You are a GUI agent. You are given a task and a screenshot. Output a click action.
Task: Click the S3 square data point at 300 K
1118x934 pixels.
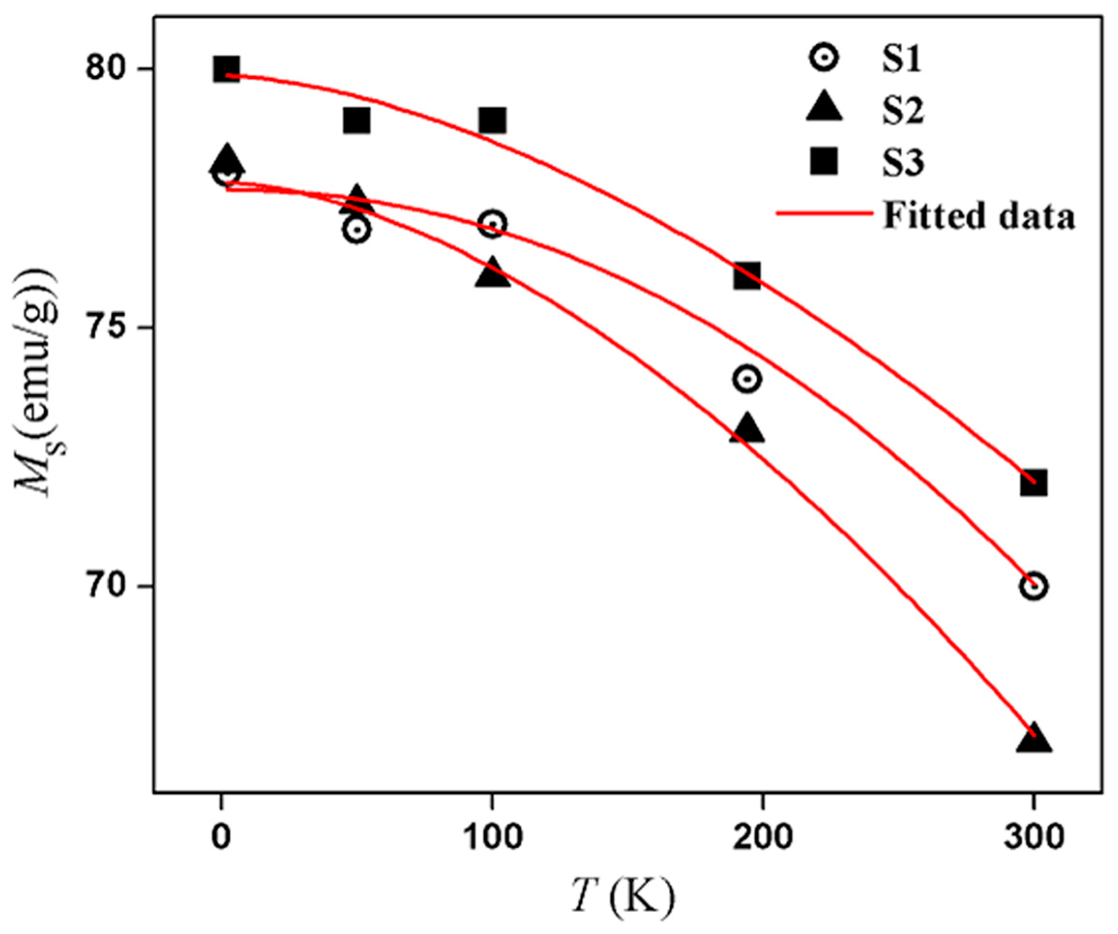point(1033,483)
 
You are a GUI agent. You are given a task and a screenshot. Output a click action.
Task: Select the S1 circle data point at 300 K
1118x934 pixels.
point(1033,586)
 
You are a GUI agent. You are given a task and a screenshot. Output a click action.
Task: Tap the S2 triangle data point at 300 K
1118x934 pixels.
point(1033,739)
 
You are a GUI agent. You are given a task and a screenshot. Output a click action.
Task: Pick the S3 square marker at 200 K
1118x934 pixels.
point(747,275)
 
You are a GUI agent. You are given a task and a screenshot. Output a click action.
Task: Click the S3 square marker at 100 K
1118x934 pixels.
point(492,120)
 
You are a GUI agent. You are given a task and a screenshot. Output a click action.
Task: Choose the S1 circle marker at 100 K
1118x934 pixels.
point(492,223)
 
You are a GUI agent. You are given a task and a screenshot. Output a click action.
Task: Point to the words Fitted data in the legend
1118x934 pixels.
point(979,216)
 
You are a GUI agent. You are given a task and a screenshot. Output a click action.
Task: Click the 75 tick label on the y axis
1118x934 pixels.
point(111,327)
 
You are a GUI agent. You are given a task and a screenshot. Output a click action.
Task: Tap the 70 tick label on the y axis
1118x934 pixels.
point(111,586)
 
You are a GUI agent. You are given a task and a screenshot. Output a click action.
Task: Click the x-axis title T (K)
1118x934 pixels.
point(623,895)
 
